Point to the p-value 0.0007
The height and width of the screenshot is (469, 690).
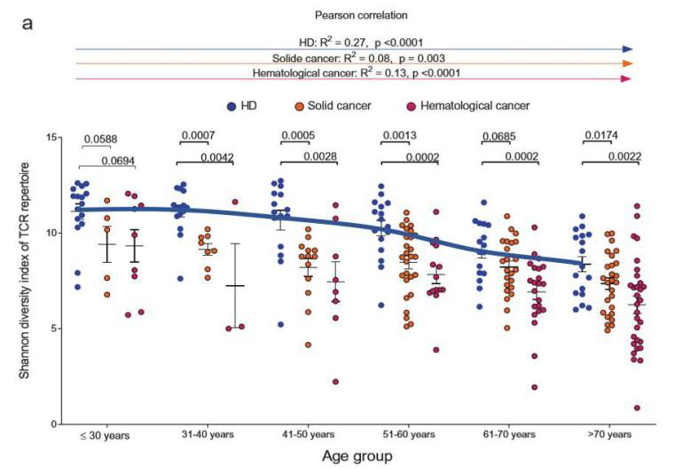(x=198, y=136)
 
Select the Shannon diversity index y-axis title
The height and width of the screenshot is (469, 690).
(x=28, y=280)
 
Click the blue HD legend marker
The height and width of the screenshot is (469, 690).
(x=231, y=105)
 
